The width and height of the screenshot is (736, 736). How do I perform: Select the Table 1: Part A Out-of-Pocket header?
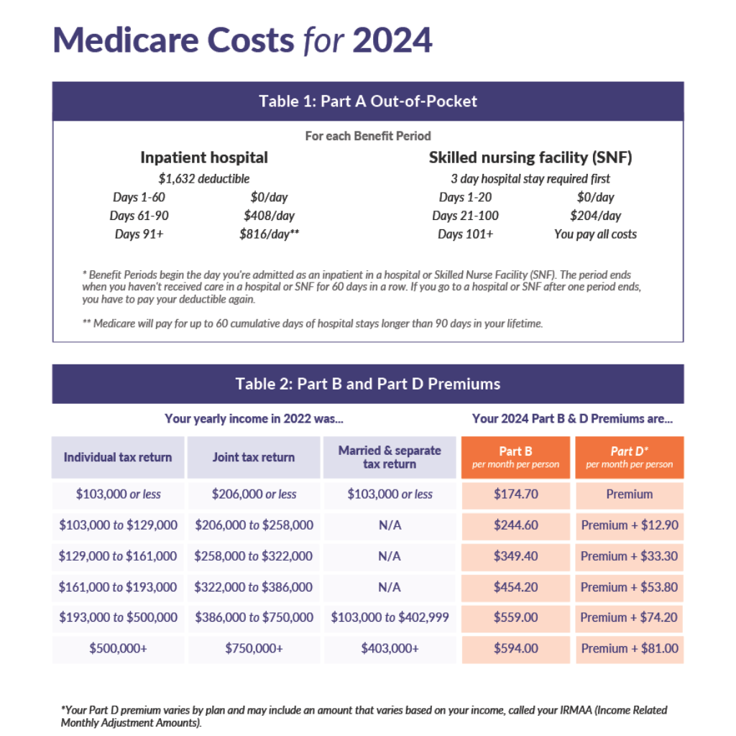368,101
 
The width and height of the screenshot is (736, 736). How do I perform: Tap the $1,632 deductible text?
204,179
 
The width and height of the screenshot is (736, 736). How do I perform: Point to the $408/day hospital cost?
269,216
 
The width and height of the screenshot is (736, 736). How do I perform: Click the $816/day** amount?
269,234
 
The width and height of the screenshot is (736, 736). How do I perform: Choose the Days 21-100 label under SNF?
465,216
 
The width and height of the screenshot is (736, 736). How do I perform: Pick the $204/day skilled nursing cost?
595,216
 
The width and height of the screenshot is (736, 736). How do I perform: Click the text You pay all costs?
595,234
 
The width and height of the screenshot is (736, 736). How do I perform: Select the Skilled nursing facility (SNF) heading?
530,157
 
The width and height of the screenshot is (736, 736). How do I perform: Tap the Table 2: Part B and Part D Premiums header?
368,384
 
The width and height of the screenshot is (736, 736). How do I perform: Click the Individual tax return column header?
118,457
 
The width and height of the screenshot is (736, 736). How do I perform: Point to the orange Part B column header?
515,457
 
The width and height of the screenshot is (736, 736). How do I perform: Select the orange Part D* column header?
630,457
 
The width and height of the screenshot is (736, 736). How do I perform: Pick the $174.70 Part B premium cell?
515,494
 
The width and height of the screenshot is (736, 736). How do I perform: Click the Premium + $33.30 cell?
630,556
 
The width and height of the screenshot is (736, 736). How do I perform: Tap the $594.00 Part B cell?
515,649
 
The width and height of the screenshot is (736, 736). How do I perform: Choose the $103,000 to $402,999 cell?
390,618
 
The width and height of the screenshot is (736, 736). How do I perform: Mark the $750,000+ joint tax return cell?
254,649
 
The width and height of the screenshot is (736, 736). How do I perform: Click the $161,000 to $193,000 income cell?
118,587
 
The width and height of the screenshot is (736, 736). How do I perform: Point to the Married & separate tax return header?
390,457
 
